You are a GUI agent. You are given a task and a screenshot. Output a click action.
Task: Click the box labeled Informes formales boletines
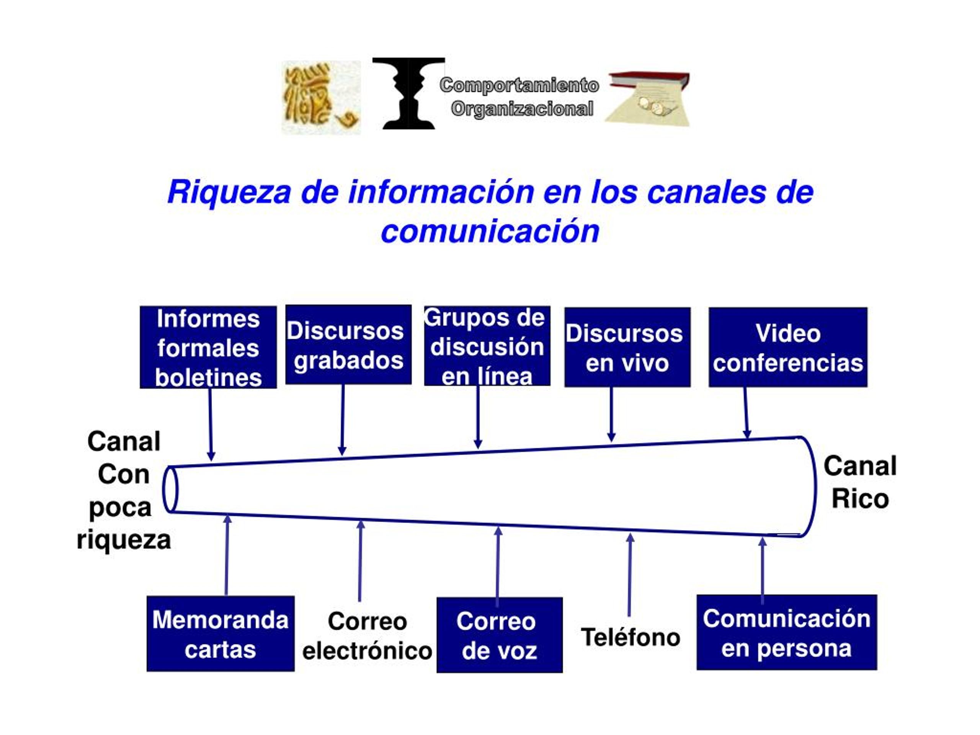click(x=208, y=347)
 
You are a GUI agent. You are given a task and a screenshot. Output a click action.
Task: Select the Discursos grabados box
click(x=348, y=344)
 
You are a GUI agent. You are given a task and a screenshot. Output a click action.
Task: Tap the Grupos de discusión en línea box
click(x=487, y=346)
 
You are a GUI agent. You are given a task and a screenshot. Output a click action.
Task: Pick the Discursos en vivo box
click(x=627, y=347)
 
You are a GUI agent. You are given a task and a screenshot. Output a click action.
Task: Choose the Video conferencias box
click(x=788, y=347)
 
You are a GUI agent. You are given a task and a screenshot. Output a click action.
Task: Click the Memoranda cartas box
click(x=220, y=634)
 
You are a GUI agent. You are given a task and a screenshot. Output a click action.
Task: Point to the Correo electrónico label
click(x=367, y=636)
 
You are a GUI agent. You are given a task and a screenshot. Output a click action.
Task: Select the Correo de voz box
click(x=500, y=635)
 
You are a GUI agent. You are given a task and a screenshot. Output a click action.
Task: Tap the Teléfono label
click(x=630, y=637)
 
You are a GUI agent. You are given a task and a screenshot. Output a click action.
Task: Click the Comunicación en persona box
click(x=787, y=632)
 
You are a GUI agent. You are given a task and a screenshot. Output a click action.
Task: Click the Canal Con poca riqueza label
click(x=124, y=490)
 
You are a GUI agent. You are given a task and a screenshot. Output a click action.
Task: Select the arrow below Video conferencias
click(x=746, y=413)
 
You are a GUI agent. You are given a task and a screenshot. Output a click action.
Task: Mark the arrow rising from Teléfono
click(x=630, y=575)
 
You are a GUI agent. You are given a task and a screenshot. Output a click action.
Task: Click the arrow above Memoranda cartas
click(x=227, y=555)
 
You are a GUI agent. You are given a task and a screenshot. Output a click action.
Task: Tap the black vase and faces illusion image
click(x=408, y=93)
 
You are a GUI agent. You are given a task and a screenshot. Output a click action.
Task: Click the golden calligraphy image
click(x=321, y=98)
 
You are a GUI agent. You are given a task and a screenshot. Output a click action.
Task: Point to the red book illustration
click(x=648, y=98)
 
